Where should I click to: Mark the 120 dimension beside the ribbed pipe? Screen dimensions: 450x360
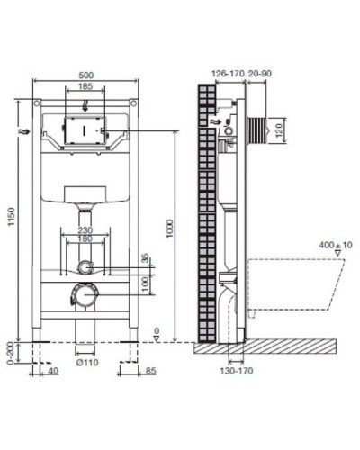tap(281, 130)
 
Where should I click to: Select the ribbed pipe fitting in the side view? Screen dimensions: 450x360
tap(258, 130)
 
